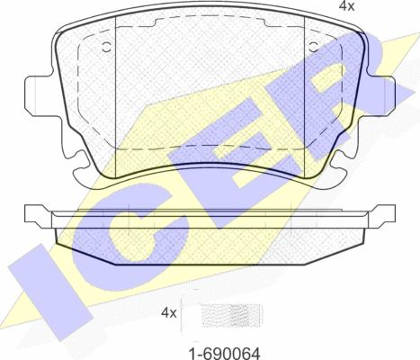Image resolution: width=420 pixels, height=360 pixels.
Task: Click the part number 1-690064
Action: point(224,353)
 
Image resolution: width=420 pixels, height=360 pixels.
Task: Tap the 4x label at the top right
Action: point(346,6)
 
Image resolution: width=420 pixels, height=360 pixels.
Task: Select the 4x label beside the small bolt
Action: point(169,313)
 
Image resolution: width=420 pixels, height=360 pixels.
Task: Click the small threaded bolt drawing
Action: point(232,316)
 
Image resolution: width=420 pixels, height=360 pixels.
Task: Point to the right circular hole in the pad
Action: point(314,47)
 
